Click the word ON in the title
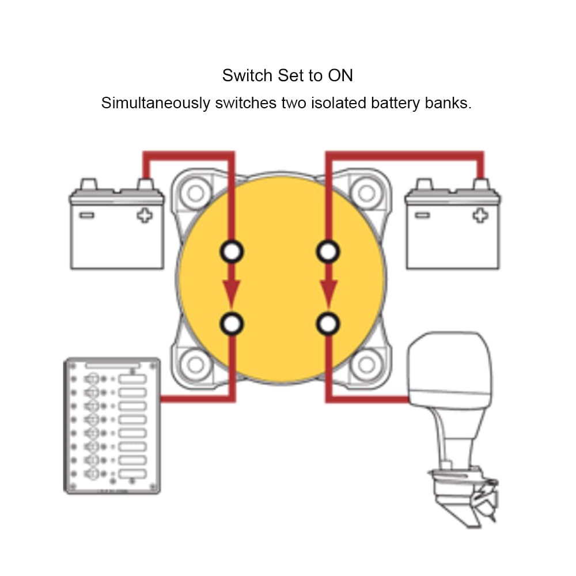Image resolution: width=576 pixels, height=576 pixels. coord(340,75)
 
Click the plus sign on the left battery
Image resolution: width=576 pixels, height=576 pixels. coord(145,215)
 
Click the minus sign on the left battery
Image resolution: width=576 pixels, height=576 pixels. coord(87,215)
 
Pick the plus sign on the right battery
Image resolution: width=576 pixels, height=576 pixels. coord(479,215)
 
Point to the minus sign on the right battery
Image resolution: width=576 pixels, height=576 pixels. coord(422,215)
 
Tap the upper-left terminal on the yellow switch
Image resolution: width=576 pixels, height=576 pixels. coord(232,252)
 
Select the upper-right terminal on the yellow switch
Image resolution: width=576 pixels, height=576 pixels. coord(328,252)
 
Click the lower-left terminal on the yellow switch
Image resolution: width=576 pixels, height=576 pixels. coord(232,323)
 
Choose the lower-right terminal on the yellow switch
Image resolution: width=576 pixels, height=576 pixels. coord(328,323)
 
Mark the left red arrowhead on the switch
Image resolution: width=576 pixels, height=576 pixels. coord(232,293)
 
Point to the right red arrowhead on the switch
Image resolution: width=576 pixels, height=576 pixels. coord(328,293)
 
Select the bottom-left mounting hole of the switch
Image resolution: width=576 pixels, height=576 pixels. coord(196,364)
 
